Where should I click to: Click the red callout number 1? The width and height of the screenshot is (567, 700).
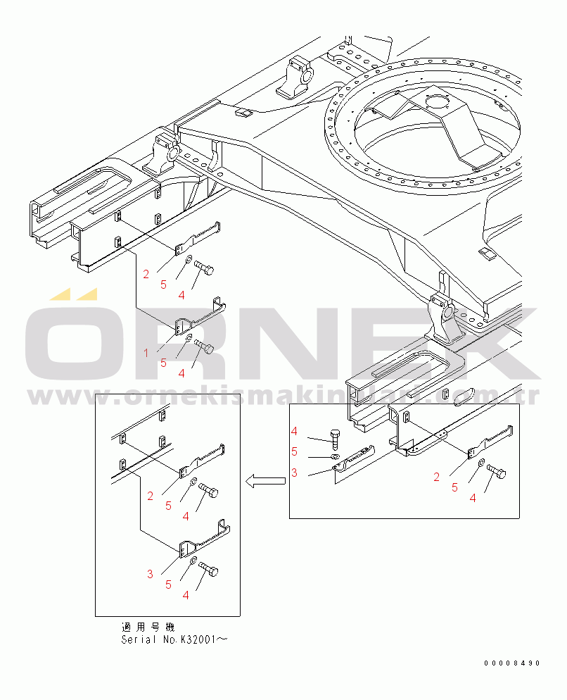click(146, 353)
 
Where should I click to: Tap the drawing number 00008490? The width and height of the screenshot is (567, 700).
click(512, 663)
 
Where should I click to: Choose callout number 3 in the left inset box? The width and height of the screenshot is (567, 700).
click(150, 574)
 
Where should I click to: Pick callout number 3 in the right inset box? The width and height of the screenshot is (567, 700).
click(294, 473)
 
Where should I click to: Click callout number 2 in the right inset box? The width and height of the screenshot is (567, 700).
click(436, 477)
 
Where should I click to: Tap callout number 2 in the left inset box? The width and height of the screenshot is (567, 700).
click(150, 496)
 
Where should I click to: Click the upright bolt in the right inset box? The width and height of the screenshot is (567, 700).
click(335, 441)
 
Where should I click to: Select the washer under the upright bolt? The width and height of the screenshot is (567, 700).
click(335, 457)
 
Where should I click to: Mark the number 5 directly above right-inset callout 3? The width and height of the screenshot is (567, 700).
click(294, 451)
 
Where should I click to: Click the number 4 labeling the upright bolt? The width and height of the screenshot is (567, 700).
click(294, 431)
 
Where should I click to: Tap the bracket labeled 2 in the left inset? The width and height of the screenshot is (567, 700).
click(200, 461)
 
